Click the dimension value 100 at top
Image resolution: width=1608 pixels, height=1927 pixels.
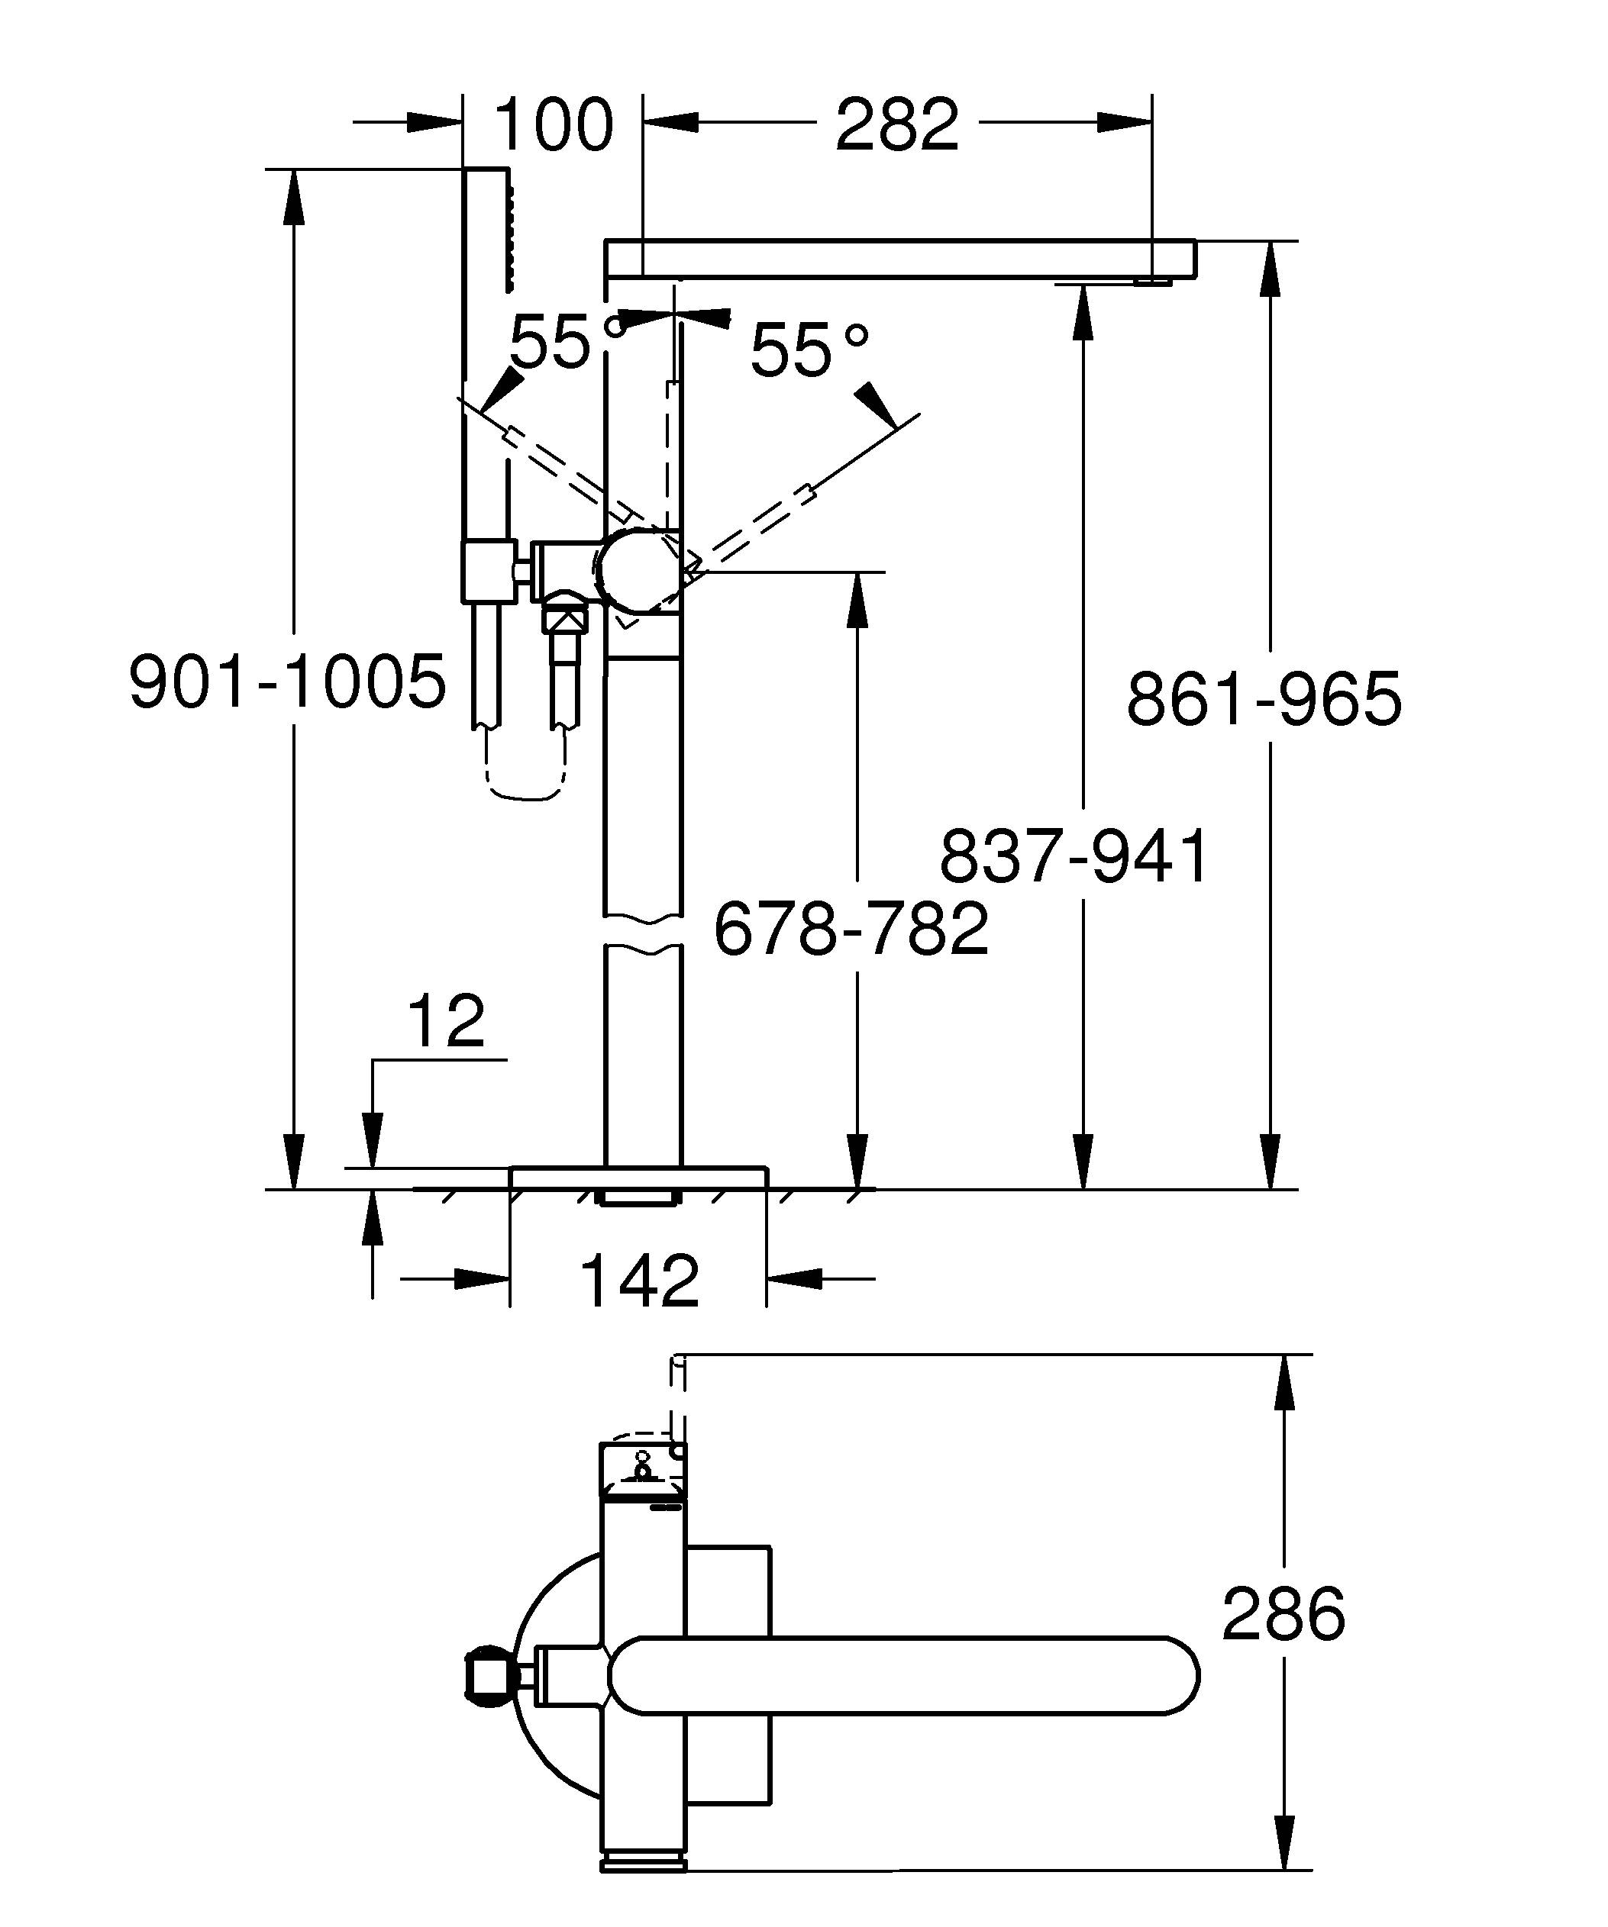pyautogui.click(x=553, y=126)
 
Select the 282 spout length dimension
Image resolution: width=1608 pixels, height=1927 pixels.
pyautogui.click(x=896, y=126)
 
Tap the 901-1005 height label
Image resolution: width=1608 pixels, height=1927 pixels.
pyautogui.click(x=287, y=682)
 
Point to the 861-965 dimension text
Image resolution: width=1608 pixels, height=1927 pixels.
pyautogui.click(x=1264, y=699)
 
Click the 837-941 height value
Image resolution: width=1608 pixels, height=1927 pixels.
pyautogui.click(x=1074, y=856)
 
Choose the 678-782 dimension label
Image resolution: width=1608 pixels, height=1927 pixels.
pyautogui.click(x=851, y=929)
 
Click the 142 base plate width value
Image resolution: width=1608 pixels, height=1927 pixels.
pyautogui.click(x=640, y=1281)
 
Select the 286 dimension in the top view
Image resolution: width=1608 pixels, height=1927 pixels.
pyautogui.click(x=1282, y=1615)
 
